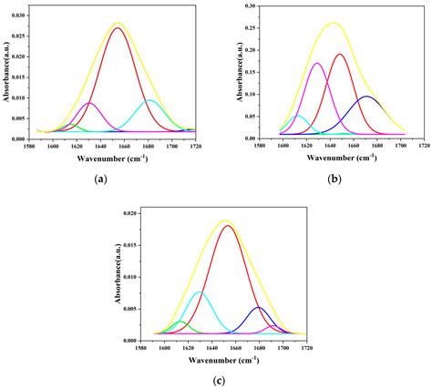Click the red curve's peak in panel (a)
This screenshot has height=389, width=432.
point(118,28)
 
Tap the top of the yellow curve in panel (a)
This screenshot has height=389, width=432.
point(118,23)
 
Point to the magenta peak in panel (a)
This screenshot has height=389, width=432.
point(87,103)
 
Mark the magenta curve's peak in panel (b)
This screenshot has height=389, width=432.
point(317,63)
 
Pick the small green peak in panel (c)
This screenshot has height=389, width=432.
point(180,322)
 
